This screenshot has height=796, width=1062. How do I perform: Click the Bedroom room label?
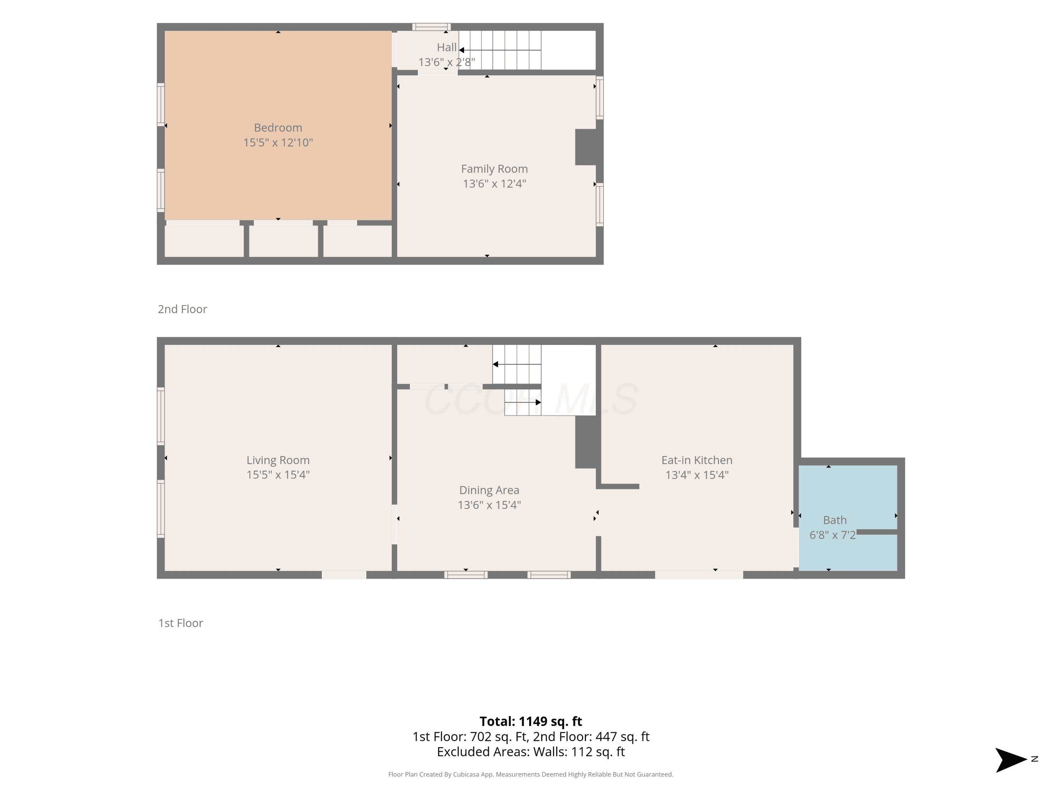tap(278, 128)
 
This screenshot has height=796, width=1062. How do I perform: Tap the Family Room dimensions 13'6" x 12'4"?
tap(495, 184)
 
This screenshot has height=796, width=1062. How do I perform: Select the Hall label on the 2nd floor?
tap(446, 47)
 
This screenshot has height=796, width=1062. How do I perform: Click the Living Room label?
tap(278, 460)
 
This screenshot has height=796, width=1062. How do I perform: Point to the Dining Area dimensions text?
tap(489, 505)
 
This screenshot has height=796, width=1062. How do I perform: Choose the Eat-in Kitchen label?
tap(697, 460)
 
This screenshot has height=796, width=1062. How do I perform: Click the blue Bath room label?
tap(835, 520)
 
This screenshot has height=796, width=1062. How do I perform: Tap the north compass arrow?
tap(1011, 760)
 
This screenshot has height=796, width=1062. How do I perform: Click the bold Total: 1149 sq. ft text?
tap(531, 722)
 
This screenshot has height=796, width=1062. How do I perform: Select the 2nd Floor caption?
tap(182, 309)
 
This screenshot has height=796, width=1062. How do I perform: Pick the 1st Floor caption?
tap(181, 623)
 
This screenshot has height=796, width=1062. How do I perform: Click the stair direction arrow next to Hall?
tap(500, 50)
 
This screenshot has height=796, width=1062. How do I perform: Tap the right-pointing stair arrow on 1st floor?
tap(523, 402)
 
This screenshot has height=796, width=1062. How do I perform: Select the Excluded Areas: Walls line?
tap(531, 752)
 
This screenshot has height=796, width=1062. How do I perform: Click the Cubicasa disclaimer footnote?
tap(531, 774)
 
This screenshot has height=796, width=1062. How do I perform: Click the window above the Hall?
tap(431, 27)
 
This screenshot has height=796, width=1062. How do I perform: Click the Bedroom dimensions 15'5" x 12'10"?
tap(278, 143)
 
